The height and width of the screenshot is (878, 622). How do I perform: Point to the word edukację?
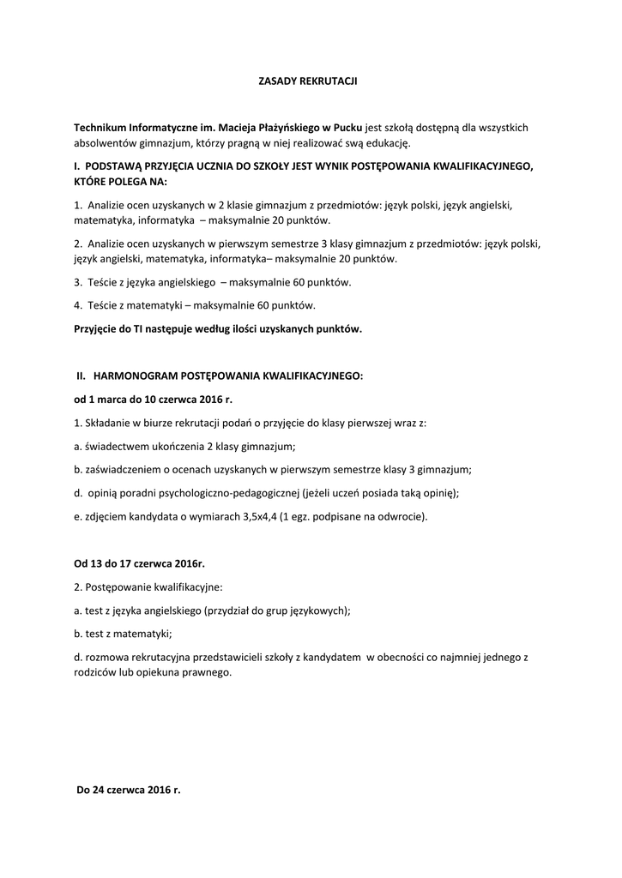pyautogui.click(x=389, y=142)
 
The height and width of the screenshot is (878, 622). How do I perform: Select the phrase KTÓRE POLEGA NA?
pyautogui.click(x=121, y=182)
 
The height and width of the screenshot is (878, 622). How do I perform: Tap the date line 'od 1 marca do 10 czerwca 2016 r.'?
pyautogui.click(x=153, y=399)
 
